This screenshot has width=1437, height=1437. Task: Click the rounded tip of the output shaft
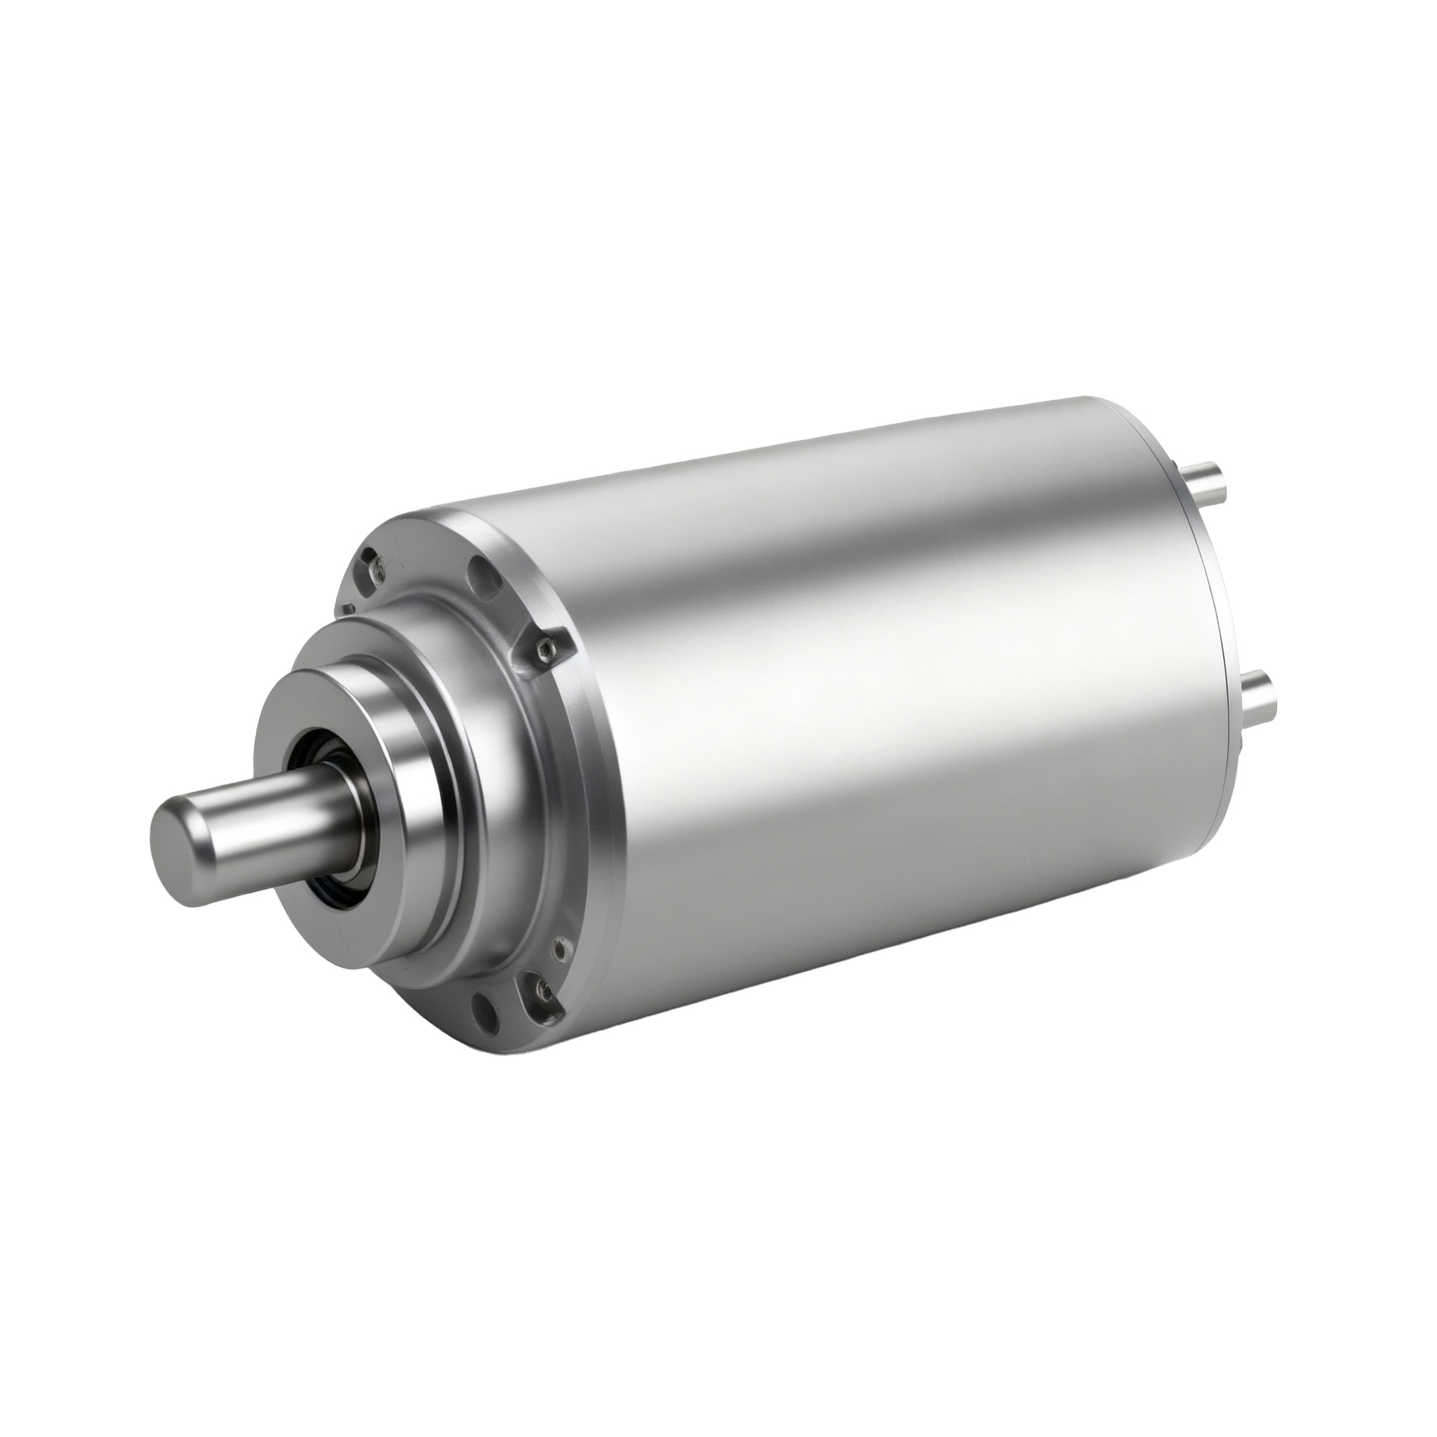(173, 827)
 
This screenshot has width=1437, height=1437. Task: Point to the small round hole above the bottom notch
(559, 949)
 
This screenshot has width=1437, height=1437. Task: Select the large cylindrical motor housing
(893, 669)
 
